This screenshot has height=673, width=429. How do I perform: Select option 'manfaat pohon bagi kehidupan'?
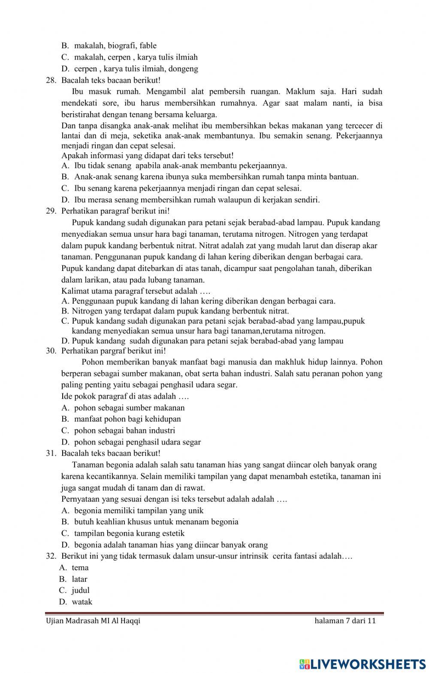(127, 419)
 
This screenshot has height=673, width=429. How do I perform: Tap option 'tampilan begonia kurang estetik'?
(129, 533)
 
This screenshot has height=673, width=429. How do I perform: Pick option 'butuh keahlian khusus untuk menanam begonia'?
(156, 522)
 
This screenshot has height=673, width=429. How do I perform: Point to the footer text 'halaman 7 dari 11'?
(345, 621)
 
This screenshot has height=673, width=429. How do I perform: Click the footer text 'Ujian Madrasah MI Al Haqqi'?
(93, 621)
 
